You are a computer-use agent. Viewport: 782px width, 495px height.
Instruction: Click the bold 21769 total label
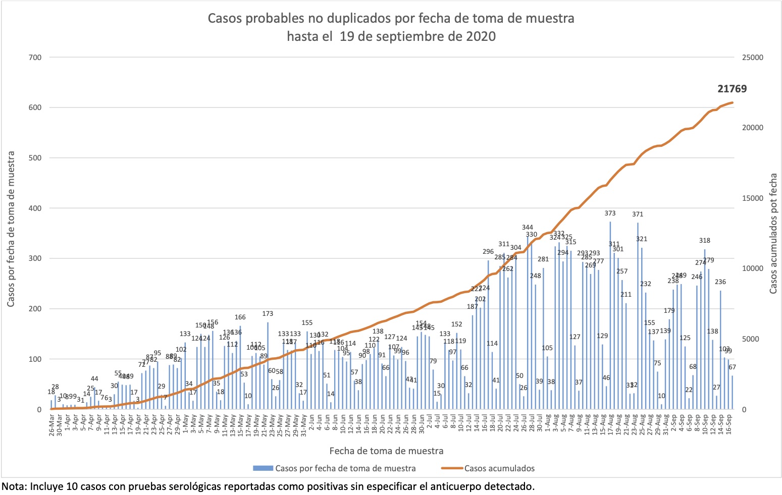click(732, 89)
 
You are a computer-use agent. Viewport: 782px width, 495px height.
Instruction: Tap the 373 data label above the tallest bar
click(610, 213)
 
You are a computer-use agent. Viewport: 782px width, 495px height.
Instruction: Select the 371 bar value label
click(638, 214)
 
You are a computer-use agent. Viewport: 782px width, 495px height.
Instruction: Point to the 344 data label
click(528, 228)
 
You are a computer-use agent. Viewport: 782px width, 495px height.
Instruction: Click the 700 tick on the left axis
click(35, 58)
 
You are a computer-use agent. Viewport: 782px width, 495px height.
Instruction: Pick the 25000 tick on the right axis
click(752, 58)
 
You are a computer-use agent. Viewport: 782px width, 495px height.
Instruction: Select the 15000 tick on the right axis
click(752, 198)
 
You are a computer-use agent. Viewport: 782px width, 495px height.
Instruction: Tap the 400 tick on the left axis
click(35, 208)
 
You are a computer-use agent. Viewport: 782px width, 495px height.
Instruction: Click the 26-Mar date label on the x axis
click(52, 425)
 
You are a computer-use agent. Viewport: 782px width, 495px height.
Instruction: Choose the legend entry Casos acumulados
click(499, 468)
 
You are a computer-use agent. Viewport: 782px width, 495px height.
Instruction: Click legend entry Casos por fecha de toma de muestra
click(345, 468)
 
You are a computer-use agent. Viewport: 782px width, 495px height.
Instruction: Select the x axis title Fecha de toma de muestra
click(386, 451)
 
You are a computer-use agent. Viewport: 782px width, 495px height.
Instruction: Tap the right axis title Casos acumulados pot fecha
click(773, 234)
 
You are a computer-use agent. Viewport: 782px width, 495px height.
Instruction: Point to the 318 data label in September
click(705, 241)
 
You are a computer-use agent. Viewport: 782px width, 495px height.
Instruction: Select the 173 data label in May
click(268, 314)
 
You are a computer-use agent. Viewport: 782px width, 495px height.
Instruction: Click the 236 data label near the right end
click(720, 282)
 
